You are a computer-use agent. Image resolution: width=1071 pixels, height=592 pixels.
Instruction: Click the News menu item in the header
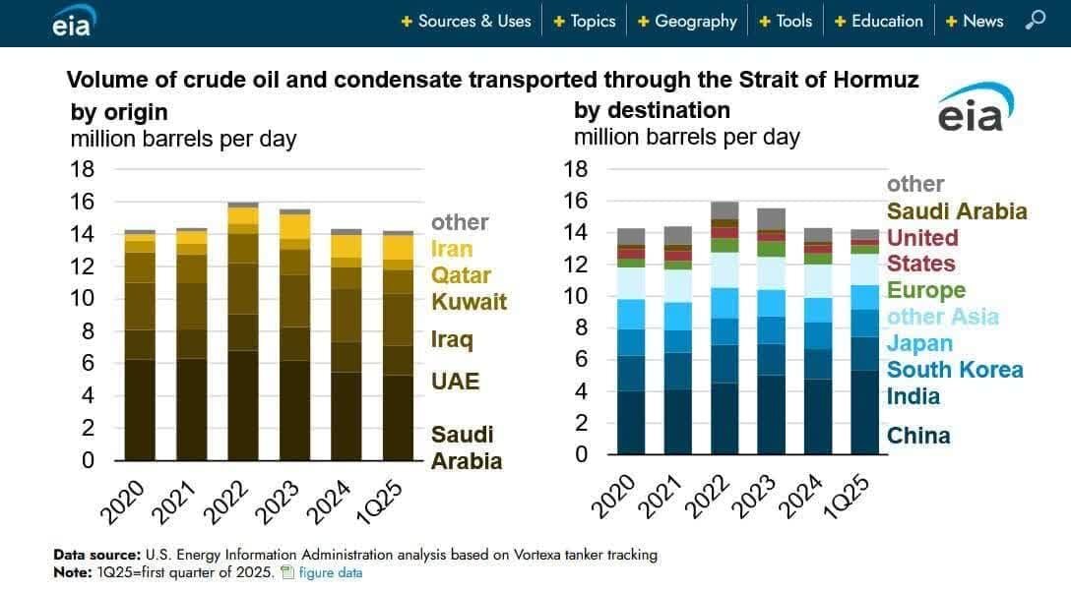click(x=982, y=21)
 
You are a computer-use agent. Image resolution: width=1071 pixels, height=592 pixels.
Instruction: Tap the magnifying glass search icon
click(x=1036, y=20)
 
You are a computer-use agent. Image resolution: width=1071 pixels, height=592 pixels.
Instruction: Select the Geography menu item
click(x=695, y=21)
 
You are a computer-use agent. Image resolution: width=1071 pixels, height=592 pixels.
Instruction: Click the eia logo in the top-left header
click(x=71, y=23)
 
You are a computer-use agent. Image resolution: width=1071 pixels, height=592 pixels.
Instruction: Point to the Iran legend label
click(x=452, y=249)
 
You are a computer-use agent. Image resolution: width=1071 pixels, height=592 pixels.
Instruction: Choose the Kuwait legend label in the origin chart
click(x=470, y=301)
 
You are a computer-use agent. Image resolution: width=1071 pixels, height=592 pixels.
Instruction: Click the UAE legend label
click(x=455, y=381)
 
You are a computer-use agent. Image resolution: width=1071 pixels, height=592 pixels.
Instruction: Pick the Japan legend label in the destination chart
click(x=919, y=343)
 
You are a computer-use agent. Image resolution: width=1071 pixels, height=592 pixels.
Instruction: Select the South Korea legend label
click(x=954, y=370)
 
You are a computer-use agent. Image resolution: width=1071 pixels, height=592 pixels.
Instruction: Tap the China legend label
click(x=918, y=436)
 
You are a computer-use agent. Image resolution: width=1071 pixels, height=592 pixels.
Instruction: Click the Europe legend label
click(x=925, y=290)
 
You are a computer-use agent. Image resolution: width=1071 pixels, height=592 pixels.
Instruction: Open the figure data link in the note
click(x=330, y=572)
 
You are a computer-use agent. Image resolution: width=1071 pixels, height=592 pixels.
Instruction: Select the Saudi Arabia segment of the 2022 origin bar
click(x=243, y=405)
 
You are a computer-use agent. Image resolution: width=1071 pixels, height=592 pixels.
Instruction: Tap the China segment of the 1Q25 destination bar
click(x=865, y=412)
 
